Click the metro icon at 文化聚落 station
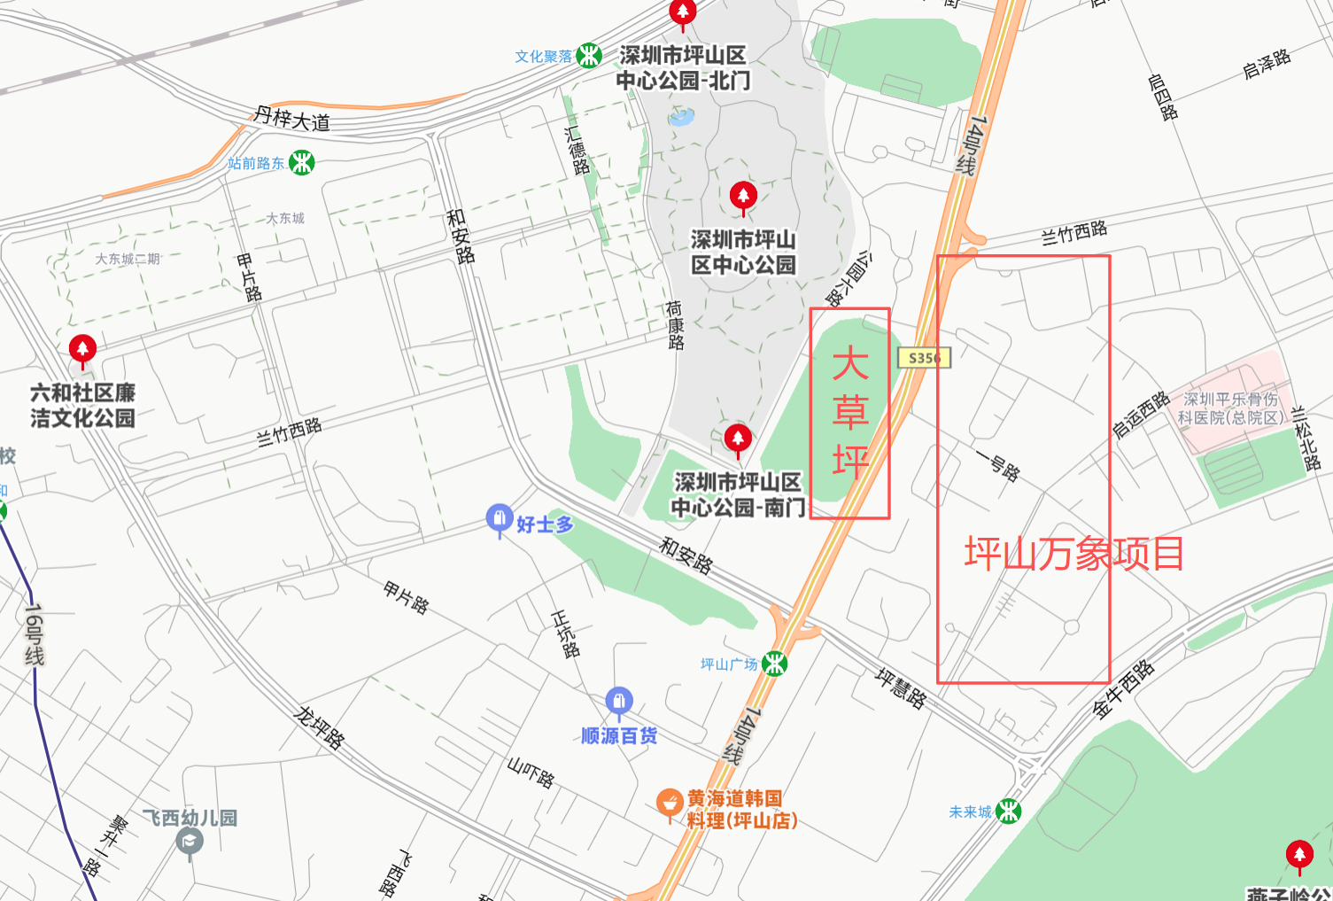pyautogui.click(x=589, y=56)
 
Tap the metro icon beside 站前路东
pyautogui.click(x=302, y=163)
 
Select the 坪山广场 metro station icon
pyautogui.click(x=775, y=664)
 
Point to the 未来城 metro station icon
pyautogui.click(x=1008, y=811)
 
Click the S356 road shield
pyautogui.click(x=924, y=358)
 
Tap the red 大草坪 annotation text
pyautogui.click(x=850, y=413)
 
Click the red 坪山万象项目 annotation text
pyautogui.click(x=1073, y=555)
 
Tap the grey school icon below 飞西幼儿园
pyautogui.click(x=190, y=842)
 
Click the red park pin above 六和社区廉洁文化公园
pyautogui.click(x=82, y=349)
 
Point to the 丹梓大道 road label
pyautogui.click(x=292, y=118)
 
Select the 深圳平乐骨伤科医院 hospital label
pyautogui.click(x=1231, y=408)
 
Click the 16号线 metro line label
pyautogui.click(x=34, y=634)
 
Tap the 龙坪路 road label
pyautogui.click(x=319, y=727)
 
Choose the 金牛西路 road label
pyautogui.click(x=1124, y=689)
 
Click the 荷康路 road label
pyautogui.click(x=675, y=325)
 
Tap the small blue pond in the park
pyautogui.click(x=681, y=116)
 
